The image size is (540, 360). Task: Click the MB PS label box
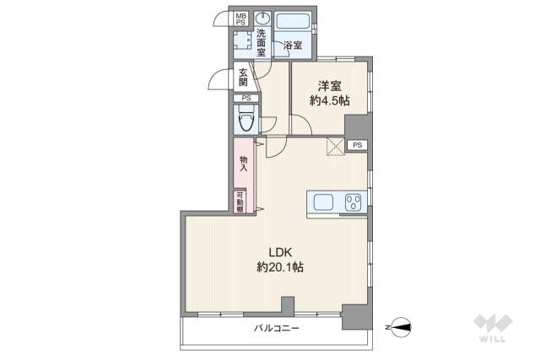pyautogui.click(x=241, y=19)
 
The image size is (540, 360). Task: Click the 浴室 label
pyautogui.click(x=293, y=45)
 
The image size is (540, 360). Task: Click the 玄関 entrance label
pyautogui.click(x=242, y=77)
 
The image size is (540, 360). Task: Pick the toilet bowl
pyautogui.click(x=246, y=122)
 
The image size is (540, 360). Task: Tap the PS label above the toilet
pyautogui.click(x=246, y=99)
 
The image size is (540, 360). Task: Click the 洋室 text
pyautogui.click(x=330, y=85)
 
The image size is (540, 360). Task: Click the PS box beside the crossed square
pyautogui.click(x=358, y=145)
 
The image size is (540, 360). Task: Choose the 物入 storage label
pyautogui.click(x=243, y=163)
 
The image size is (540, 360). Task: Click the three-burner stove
pyautogui.click(x=353, y=202)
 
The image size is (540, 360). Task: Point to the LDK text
pyautogui.click(x=280, y=250)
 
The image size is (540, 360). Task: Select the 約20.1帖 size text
pyautogui.click(x=280, y=267)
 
